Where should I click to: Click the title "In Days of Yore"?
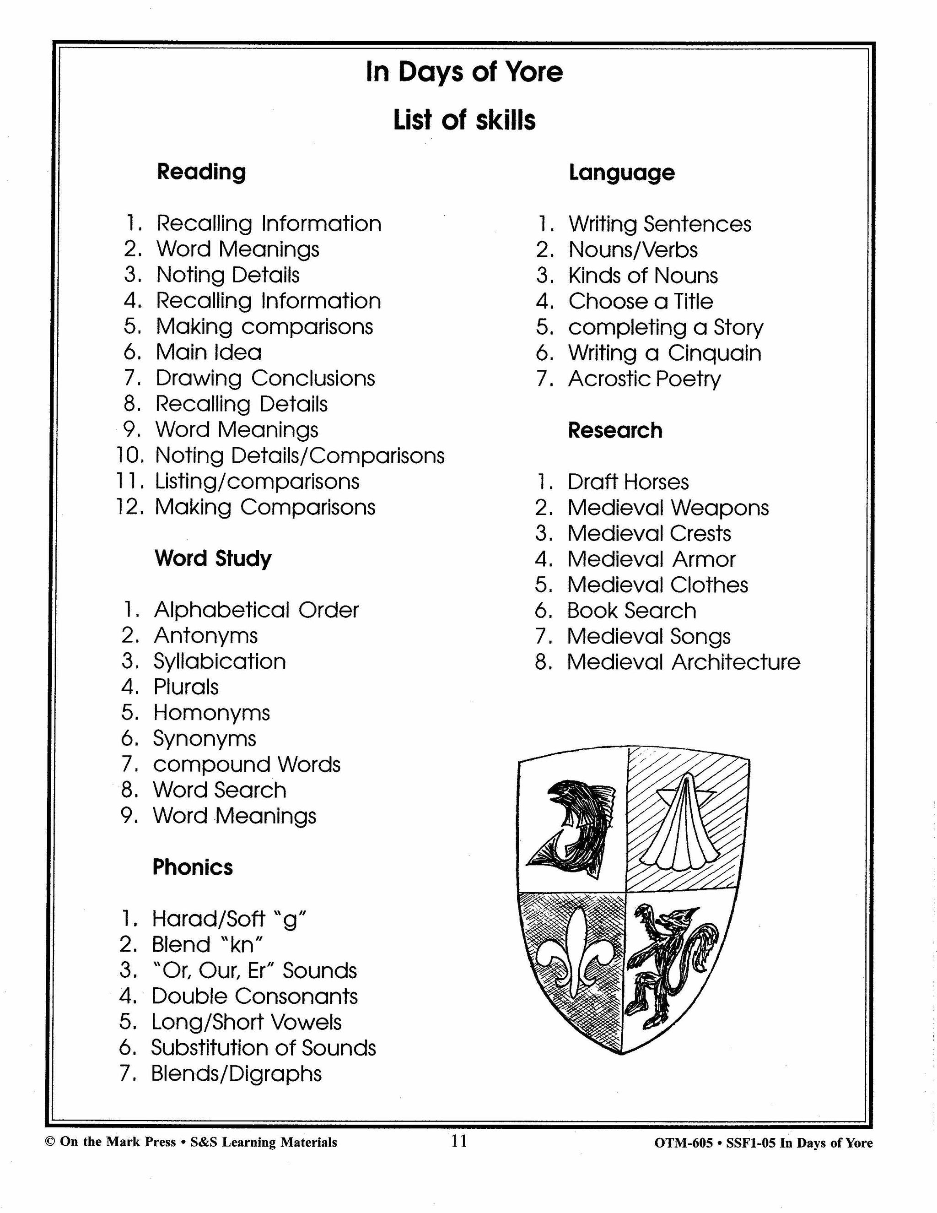tap(464, 72)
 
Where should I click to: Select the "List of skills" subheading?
tap(464, 120)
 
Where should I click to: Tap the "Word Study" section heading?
tap(213, 558)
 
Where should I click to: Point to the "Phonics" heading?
tap(193, 867)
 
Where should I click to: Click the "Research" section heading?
tap(615, 430)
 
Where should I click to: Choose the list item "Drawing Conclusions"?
tap(265, 378)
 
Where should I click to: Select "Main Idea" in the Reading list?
tap(209, 352)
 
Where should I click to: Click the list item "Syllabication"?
tap(220, 661)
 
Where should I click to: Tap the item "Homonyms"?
tap(211, 713)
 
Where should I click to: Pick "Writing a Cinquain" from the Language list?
tap(664, 353)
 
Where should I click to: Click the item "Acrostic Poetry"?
tap(645, 379)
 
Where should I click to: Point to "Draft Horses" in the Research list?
tap(628, 482)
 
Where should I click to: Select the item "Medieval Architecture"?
tap(684, 662)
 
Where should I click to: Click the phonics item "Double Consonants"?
tap(255, 996)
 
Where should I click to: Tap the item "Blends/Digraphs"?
tap(237, 1073)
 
